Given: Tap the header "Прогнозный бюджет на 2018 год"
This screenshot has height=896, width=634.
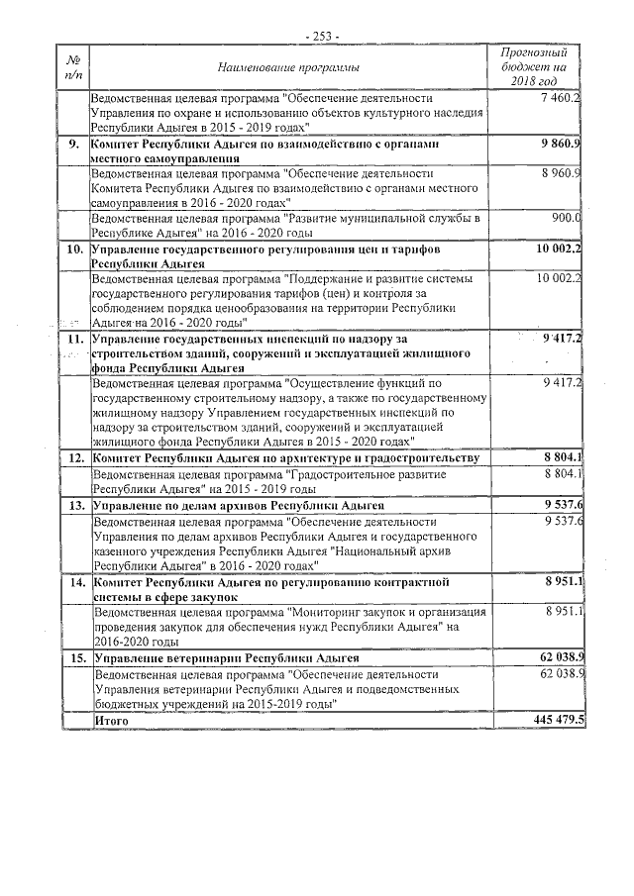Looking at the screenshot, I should tap(535, 66).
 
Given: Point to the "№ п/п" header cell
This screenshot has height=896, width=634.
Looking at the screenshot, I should tap(74, 67).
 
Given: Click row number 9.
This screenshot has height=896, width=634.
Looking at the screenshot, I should tap(74, 145).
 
